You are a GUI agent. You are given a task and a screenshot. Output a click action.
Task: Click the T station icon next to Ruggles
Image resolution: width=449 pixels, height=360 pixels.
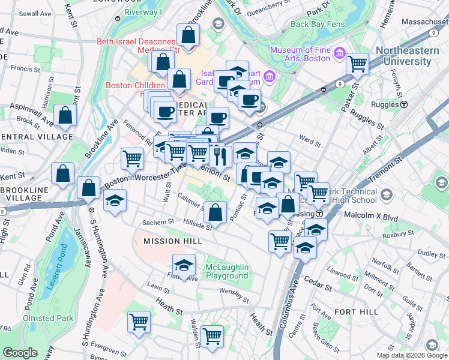click(x=404, y=104)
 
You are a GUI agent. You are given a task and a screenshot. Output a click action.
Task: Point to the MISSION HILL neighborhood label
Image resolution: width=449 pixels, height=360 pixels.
click(x=170, y=241)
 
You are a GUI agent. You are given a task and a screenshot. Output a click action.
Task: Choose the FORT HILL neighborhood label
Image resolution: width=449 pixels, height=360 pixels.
click(x=356, y=312)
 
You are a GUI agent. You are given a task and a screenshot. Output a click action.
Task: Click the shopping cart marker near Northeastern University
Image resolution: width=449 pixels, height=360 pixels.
click(x=357, y=64)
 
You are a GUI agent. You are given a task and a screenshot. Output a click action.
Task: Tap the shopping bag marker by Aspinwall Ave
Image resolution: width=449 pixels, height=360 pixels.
click(x=65, y=115)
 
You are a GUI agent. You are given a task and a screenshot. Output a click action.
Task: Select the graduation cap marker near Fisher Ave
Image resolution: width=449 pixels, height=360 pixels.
click(x=184, y=265)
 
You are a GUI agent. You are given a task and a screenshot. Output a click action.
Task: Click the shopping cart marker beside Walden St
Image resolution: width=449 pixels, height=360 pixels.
click(x=212, y=336)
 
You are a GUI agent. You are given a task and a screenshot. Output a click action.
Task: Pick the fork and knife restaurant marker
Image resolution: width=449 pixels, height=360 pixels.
click(x=220, y=156)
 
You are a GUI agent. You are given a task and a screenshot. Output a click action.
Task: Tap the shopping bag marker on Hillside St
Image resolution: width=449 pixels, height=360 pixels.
click(x=215, y=212)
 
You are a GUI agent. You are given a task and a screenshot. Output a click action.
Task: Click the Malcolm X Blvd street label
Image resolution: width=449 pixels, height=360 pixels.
click(x=370, y=214)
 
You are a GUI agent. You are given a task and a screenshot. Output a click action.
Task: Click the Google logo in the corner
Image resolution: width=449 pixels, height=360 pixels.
click(x=20, y=353)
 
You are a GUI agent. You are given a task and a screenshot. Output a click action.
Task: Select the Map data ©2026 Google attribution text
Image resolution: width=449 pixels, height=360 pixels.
click(x=412, y=355)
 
